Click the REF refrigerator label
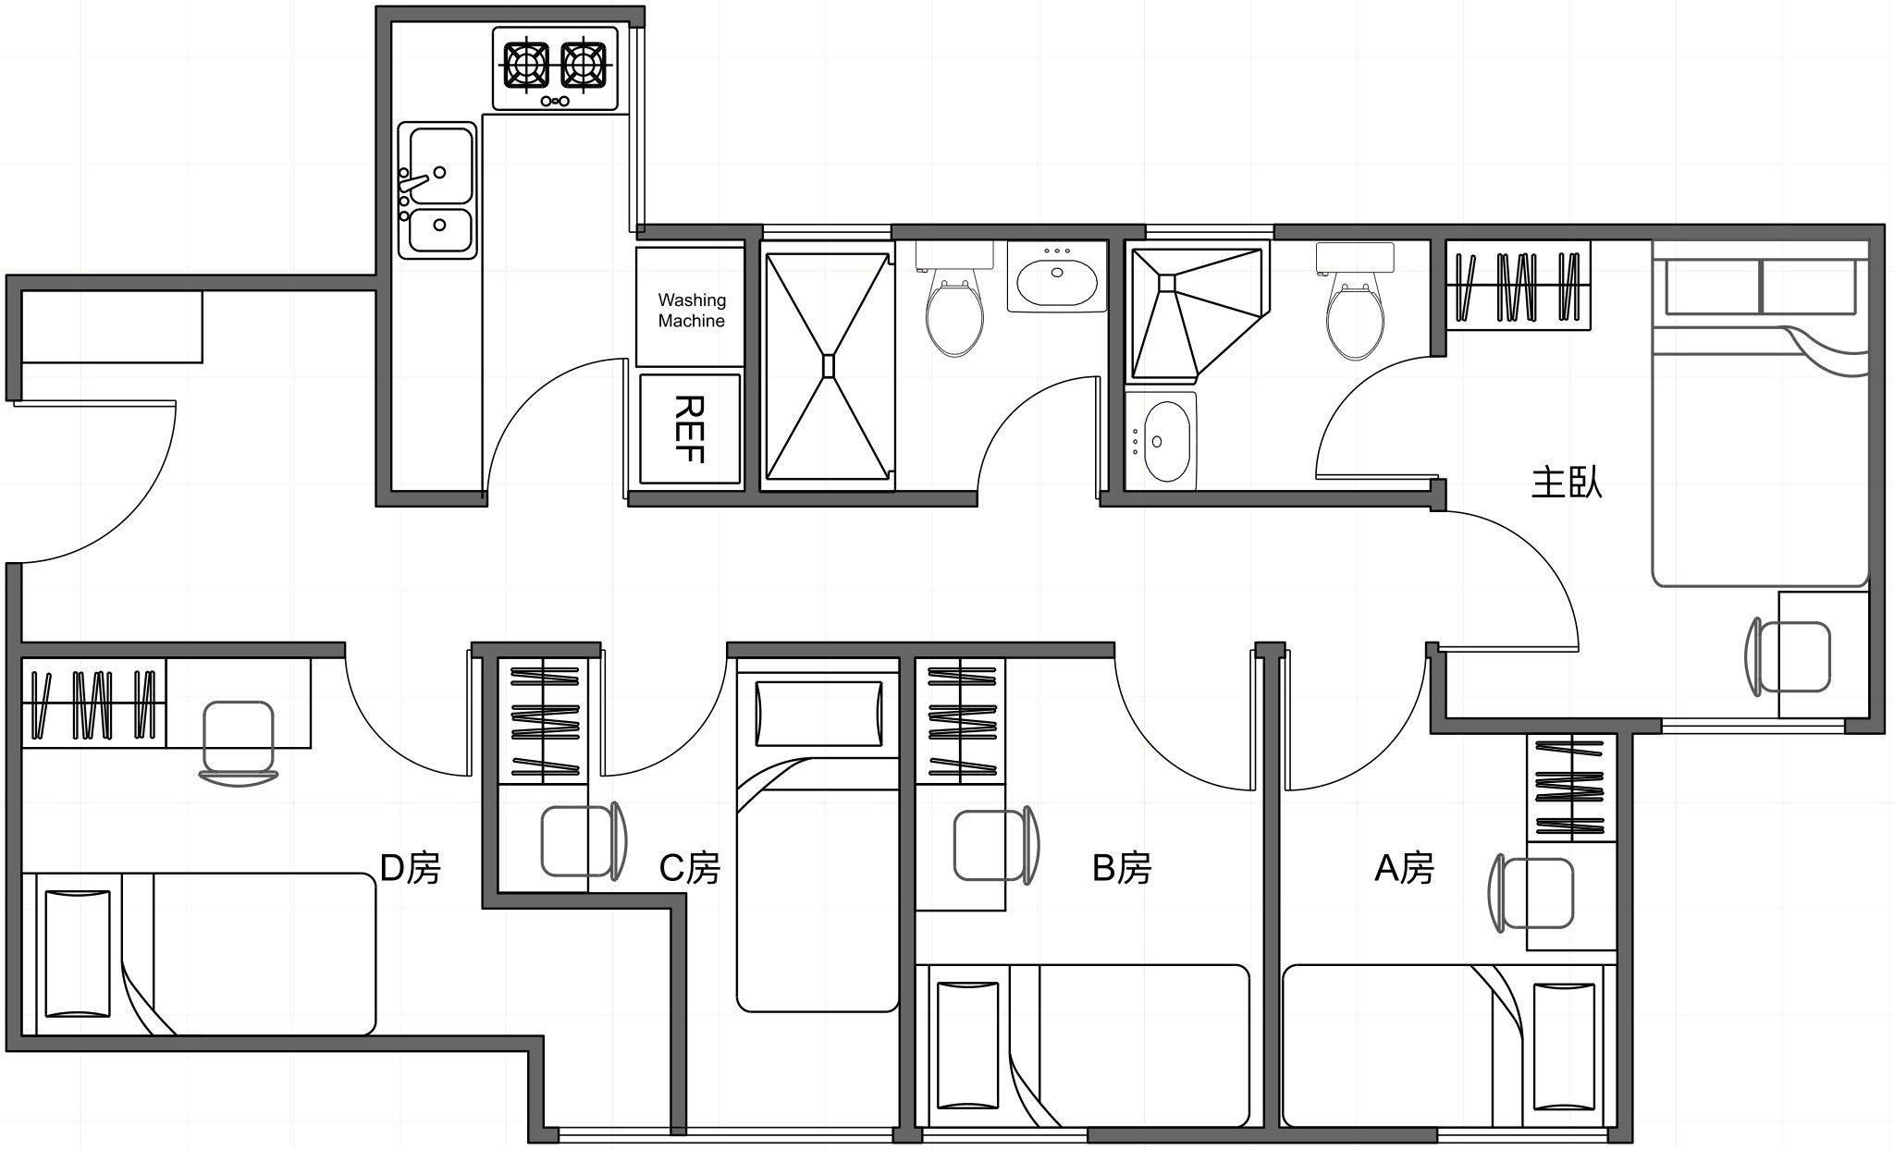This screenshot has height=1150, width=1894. pyautogui.click(x=690, y=429)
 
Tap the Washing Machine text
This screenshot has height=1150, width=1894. pyautogui.click(x=692, y=311)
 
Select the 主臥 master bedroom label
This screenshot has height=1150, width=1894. pyautogui.click(x=1567, y=483)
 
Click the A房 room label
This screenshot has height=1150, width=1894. pyautogui.click(x=1404, y=868)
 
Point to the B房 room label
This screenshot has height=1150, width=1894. pyautogui.click(x=1122, y=868)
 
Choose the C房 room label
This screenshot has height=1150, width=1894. pyautogui.click(x=689, y=868)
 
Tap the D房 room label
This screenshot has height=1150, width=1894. pyautogui.click(x=411, y=868)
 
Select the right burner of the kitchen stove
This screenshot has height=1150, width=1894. pyautogui.click(x=584, y=66)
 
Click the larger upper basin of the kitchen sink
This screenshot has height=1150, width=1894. pyautogui.click(x=441, y=165)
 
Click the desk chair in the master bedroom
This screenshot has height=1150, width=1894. pyautogui.click(x=1789, y=656)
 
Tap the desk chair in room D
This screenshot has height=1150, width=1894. pyautogui.click(x=238, y=742)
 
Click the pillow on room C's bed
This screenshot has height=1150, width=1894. pyautogui.click(x=818, y=714)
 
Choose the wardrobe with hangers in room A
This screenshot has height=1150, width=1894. pyautogui.click(x=1571, y=789)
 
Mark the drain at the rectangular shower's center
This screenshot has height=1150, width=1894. pyautogui.click(x=829, y=366)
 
